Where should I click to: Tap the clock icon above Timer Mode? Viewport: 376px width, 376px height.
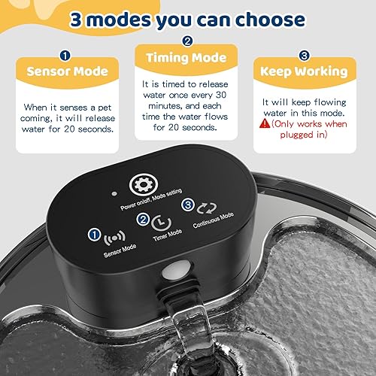161,223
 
